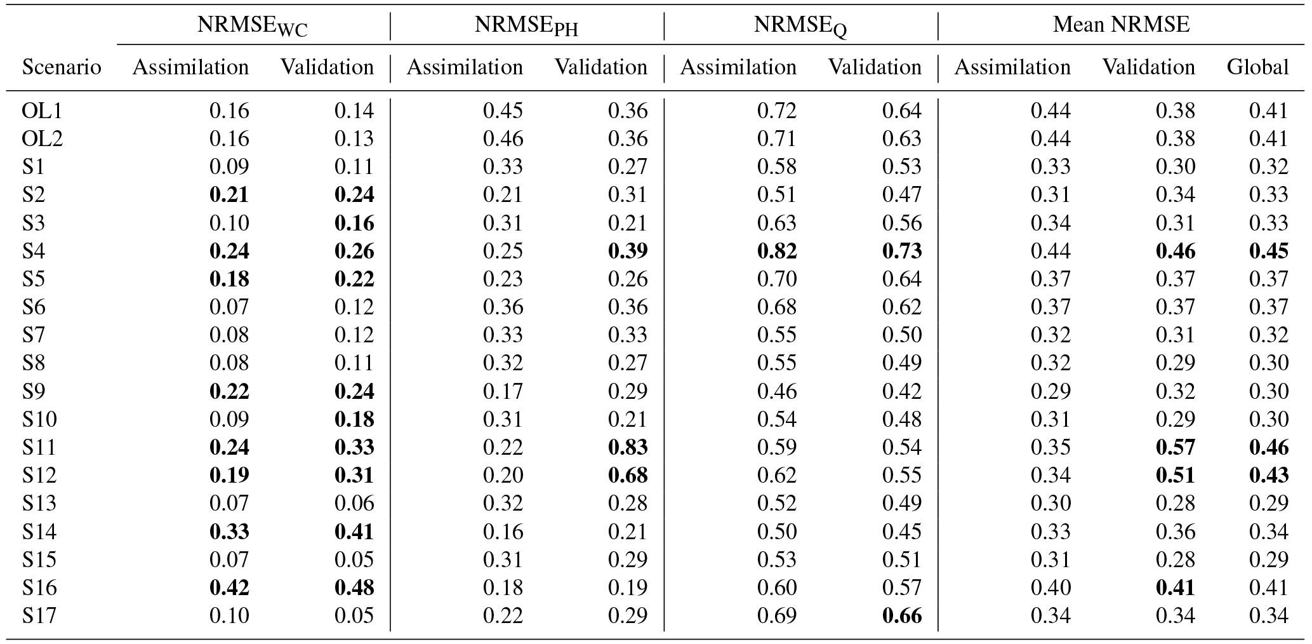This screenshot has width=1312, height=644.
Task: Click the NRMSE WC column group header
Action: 252,26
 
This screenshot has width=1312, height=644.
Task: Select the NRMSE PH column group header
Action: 526,26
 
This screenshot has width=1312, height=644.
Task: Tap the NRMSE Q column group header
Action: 800,26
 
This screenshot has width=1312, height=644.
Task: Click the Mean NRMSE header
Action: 1121,25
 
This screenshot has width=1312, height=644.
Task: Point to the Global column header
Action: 1257,67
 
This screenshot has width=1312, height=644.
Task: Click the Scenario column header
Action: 62,67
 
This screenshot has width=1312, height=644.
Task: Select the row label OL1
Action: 42,111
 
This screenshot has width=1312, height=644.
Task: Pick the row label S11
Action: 39,448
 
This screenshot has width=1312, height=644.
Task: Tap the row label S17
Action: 39,615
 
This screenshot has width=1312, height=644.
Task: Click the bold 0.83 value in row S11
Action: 628,448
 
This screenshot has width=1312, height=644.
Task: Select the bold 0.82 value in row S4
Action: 777,251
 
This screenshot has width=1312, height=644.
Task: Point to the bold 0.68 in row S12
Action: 628,476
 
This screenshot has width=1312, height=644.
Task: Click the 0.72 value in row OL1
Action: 777,111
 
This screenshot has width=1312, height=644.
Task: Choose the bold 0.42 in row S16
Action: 229,587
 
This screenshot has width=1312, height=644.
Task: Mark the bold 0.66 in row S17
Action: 902,615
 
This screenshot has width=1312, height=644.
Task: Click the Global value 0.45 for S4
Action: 1269,251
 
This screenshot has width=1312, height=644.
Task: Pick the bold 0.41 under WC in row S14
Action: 354,532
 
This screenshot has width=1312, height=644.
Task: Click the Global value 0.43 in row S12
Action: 1269,476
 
